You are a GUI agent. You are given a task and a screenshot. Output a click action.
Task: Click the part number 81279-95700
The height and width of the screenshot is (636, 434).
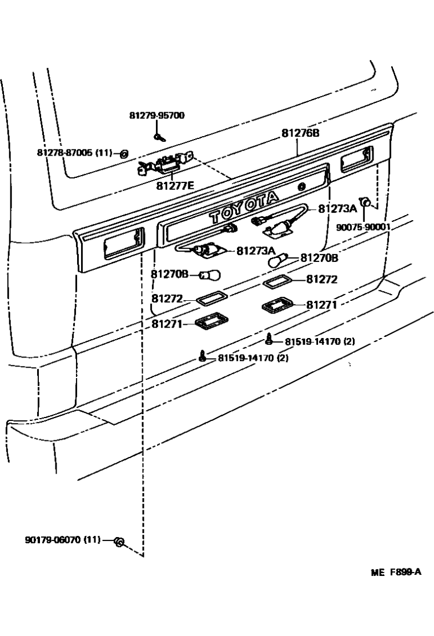(156, 116)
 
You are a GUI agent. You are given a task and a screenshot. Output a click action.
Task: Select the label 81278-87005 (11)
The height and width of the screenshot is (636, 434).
(75, 153)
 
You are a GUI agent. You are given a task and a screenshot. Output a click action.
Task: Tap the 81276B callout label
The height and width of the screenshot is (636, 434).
(300, 133)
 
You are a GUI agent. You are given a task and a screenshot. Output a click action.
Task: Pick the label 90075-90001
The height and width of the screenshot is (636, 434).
(363, 227)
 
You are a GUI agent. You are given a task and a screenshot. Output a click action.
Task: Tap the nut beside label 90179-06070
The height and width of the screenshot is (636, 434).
(119, 542)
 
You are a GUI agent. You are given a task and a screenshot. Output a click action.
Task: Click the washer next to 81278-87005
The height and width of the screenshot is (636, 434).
(124, 153)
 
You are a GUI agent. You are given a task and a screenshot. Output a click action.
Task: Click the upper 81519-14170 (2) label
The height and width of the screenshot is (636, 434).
(320, 341)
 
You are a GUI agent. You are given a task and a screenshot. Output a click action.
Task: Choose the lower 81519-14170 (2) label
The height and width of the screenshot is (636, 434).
(253, 358)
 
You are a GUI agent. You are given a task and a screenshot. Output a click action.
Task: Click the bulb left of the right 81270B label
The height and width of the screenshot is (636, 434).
(278, 261)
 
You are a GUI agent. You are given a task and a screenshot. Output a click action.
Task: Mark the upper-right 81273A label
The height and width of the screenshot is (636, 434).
(337, 209)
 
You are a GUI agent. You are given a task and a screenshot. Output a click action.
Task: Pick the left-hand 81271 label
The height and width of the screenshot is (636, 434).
(167, 324)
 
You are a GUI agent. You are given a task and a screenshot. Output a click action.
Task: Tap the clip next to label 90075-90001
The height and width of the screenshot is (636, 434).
(368, 202)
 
